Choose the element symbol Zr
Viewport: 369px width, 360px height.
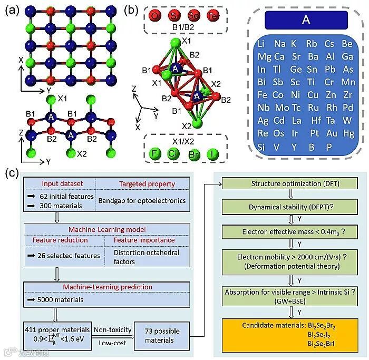(347, 95)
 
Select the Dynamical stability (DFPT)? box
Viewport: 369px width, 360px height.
(284, 208)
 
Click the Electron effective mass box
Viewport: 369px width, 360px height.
(284, 231)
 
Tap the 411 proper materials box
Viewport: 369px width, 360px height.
(56, 334)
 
